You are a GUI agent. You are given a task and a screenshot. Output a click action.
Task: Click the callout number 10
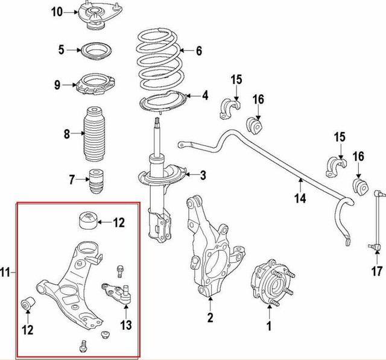55,12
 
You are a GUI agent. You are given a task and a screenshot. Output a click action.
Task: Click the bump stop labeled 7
93,180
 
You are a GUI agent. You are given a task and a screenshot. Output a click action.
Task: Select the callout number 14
300,198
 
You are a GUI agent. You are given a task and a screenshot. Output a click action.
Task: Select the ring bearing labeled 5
94,50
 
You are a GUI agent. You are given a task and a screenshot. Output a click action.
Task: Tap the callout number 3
203,175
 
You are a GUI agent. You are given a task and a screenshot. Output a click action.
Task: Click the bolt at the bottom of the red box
83,346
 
